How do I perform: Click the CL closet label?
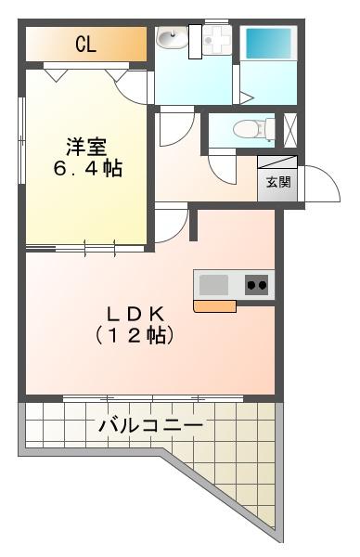point(85,45)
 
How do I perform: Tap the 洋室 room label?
point(86,147)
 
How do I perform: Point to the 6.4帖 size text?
point(88,168)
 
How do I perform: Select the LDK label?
point(135,314)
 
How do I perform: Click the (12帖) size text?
point(135,335)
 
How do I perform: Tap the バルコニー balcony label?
point(151,425)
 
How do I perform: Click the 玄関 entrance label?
point(278,182)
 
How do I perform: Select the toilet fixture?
point(254,129)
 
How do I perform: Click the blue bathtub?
point(269,44)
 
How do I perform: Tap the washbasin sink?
point(172,38)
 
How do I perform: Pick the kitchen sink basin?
point(213,285)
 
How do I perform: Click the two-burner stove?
point(256,285)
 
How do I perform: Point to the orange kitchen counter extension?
point(214,306)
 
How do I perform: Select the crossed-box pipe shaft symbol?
point(290,130)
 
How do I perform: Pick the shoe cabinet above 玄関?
point(277,162)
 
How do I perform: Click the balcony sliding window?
point(153,398)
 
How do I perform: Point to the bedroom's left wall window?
point(22,140)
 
